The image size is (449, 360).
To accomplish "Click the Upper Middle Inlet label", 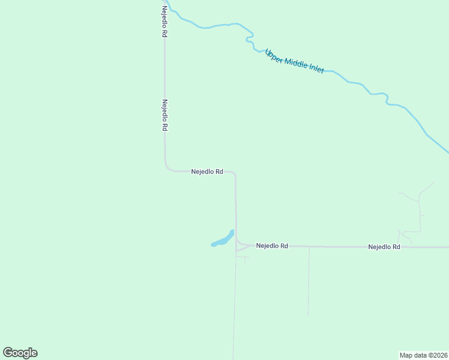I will pos(295,61).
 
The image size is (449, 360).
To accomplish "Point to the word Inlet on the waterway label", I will pos(316,68).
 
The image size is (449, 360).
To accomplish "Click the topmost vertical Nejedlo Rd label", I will pos(164,22).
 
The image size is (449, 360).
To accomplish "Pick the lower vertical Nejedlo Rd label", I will pos(164,115).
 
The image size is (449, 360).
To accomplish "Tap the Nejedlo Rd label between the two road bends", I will pos(207,171).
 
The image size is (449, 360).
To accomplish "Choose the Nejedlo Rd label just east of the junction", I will pos(272,246).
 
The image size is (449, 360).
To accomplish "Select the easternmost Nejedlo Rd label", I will pos(384,247).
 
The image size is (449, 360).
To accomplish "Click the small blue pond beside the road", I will pos(222,240).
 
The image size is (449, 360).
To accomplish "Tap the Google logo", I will pos(20,353).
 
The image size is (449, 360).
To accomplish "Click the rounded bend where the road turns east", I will pos(167,168).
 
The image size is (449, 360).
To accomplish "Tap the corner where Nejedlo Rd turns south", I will pos(234,173).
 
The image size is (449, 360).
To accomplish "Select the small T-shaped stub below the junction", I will pos(244,259).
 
